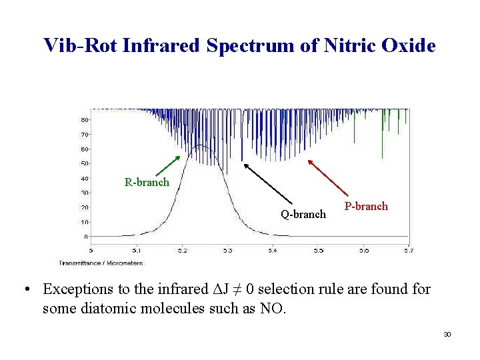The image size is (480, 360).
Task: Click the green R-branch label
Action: pos(147,182)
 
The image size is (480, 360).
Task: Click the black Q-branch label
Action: pos(303,214)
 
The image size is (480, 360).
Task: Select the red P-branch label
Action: pos(366,206)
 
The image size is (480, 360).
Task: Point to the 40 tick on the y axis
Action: pos(85,178)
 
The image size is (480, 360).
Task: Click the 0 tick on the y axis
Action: pos(86,236)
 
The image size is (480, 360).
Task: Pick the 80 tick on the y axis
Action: pos(85,120)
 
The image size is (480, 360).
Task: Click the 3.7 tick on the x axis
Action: pos(409,251)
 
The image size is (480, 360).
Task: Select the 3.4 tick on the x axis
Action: pos(273,251)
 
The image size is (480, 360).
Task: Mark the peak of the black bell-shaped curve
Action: pos(200,145)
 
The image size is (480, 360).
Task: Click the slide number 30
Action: pos(447,333)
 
